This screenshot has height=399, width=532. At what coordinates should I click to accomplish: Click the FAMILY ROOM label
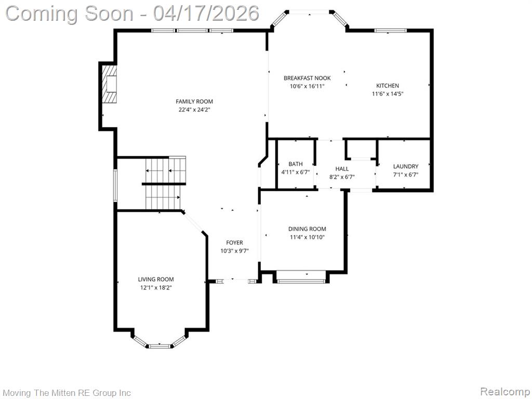tap(194, 101)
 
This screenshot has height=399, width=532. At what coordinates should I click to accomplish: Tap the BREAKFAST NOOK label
tap(307, 78)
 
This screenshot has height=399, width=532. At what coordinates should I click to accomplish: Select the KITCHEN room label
tap(388, 86)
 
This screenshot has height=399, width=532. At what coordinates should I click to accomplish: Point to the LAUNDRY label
tap(406, 166)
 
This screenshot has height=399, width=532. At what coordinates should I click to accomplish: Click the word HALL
tap(342, 169)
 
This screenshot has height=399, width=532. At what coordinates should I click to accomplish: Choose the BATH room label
tap(296, 164)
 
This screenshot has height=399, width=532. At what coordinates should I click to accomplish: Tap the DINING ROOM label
tap(307, 229)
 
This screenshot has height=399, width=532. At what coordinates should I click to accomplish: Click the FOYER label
tap(234, 243)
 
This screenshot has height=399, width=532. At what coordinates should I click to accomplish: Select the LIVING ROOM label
tap(156, 279)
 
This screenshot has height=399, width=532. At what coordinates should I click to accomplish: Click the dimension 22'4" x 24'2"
tap(194, 110)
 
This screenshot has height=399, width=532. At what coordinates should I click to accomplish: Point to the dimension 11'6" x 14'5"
tap(388, 94)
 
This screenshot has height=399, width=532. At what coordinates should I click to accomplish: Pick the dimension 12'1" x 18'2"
tap(156, 288)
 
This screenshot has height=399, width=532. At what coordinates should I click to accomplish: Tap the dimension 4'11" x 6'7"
tap(296, 172)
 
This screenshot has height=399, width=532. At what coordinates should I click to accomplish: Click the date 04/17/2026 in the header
tap(206, 14)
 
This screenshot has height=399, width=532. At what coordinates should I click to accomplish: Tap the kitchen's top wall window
tap(391, 31)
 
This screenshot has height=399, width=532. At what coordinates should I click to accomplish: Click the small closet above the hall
tap(361, 149)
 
